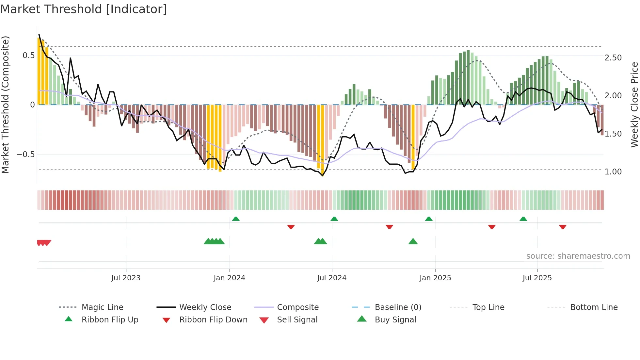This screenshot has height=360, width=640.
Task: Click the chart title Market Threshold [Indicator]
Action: tap(84, 9)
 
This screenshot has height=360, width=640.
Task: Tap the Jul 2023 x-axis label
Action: tap(126, 278)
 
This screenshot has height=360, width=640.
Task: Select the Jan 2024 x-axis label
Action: tap(229, 278)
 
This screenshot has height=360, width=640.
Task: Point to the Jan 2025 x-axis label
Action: tap(435, 278)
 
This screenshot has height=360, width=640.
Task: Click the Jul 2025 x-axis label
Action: tap(537, 278)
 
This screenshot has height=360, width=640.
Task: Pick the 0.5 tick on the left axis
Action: tap(29, 56)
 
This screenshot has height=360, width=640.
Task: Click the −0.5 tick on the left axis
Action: tap(26, 155)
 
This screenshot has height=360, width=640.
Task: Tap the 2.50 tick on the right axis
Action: tap(613, 58)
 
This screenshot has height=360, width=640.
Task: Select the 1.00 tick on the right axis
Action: tap(613, 172)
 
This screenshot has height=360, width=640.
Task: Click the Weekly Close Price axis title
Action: tap(634, 105)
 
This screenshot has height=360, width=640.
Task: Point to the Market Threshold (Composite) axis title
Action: tap(6, 105)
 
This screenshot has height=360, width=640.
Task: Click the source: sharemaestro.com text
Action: tap(578, 256)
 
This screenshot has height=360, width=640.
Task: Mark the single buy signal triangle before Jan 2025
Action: tap(413, 242)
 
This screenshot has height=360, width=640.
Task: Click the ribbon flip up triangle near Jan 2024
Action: tap(236, 219)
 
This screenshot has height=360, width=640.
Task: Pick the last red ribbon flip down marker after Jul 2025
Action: tap(563, 227)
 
